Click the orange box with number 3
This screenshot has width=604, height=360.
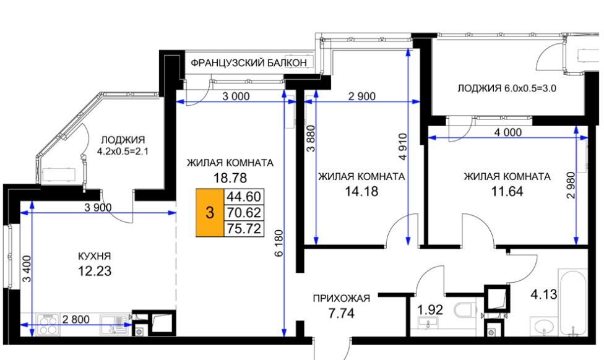[210, 213]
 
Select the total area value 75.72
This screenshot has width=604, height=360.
[244, 229]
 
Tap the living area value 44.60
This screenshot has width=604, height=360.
[244, 197]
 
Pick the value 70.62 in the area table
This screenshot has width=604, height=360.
[244, 213]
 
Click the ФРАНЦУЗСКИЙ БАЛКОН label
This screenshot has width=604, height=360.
[249, 62]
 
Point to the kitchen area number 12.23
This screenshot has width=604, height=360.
[95, 271]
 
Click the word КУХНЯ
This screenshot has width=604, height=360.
[94, 256]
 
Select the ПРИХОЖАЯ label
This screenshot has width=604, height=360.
[341, 298]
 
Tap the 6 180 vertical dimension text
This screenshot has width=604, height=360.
[279, 243]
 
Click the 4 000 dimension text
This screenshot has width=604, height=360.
[508, 132]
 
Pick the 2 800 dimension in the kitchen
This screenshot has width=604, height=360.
[76, 319]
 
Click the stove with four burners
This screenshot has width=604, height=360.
[48, 324]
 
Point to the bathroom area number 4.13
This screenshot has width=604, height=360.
[543, 294]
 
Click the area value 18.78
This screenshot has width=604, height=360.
[230, 178]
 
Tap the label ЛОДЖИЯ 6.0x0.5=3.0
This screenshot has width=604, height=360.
[507, 88]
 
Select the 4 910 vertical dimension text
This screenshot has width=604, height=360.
[402, 147]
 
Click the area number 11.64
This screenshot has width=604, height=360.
[507, 191]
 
